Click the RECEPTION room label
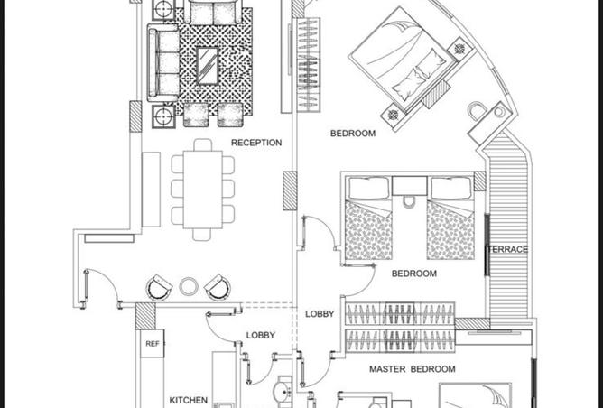pos(256,143)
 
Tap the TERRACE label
pos(507,249)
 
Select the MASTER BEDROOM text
pos(413,369)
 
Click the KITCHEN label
pos(189,400)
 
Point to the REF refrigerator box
pos(152,344)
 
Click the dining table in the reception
pos(203,190)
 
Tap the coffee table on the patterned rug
pos(208,65)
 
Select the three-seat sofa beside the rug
pos(163,63)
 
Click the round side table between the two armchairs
pos(189,286)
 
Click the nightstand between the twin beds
pos(410,186)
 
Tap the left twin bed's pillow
pos(369,188)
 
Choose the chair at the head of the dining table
pos(203,144)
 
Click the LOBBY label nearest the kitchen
pos(260,335)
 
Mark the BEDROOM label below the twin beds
pos(414,274)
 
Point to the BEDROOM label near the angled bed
pos(353,134)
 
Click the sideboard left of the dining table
pos(151,190)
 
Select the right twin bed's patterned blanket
pos(450,231)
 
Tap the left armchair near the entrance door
pos(159,287)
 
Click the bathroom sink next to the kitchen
pos(283,393)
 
